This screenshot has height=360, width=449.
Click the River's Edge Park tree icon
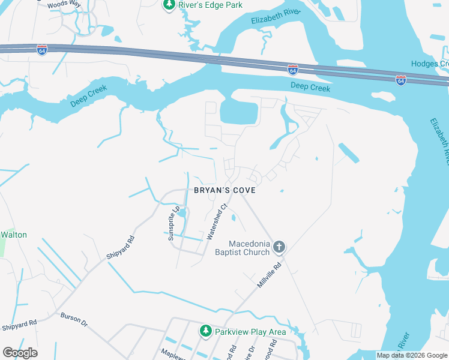tap(169, 5)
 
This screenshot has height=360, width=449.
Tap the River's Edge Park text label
tap(203, 5)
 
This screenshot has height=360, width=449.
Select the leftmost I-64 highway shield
tap(41, 49)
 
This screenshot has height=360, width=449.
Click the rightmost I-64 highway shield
tap(400, 80)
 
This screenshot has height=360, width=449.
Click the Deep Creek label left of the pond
tap(89, 96)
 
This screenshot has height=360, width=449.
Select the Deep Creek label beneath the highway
tap(310, 88)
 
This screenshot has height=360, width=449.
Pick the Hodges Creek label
tap(429, 64)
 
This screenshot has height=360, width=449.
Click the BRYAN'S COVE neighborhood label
tap(224, 190)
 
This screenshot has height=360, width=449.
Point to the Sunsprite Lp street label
tap(175, 223)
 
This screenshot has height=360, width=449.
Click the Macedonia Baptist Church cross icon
tap(279, 247)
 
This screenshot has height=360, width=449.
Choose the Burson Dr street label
tap(74, 319)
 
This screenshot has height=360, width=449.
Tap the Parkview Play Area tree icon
tap(206, 331)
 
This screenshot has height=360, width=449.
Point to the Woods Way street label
tap(64, 3)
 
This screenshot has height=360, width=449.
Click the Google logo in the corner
tap(20, 353)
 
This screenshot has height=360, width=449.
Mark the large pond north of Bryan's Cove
tap(238, 112)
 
